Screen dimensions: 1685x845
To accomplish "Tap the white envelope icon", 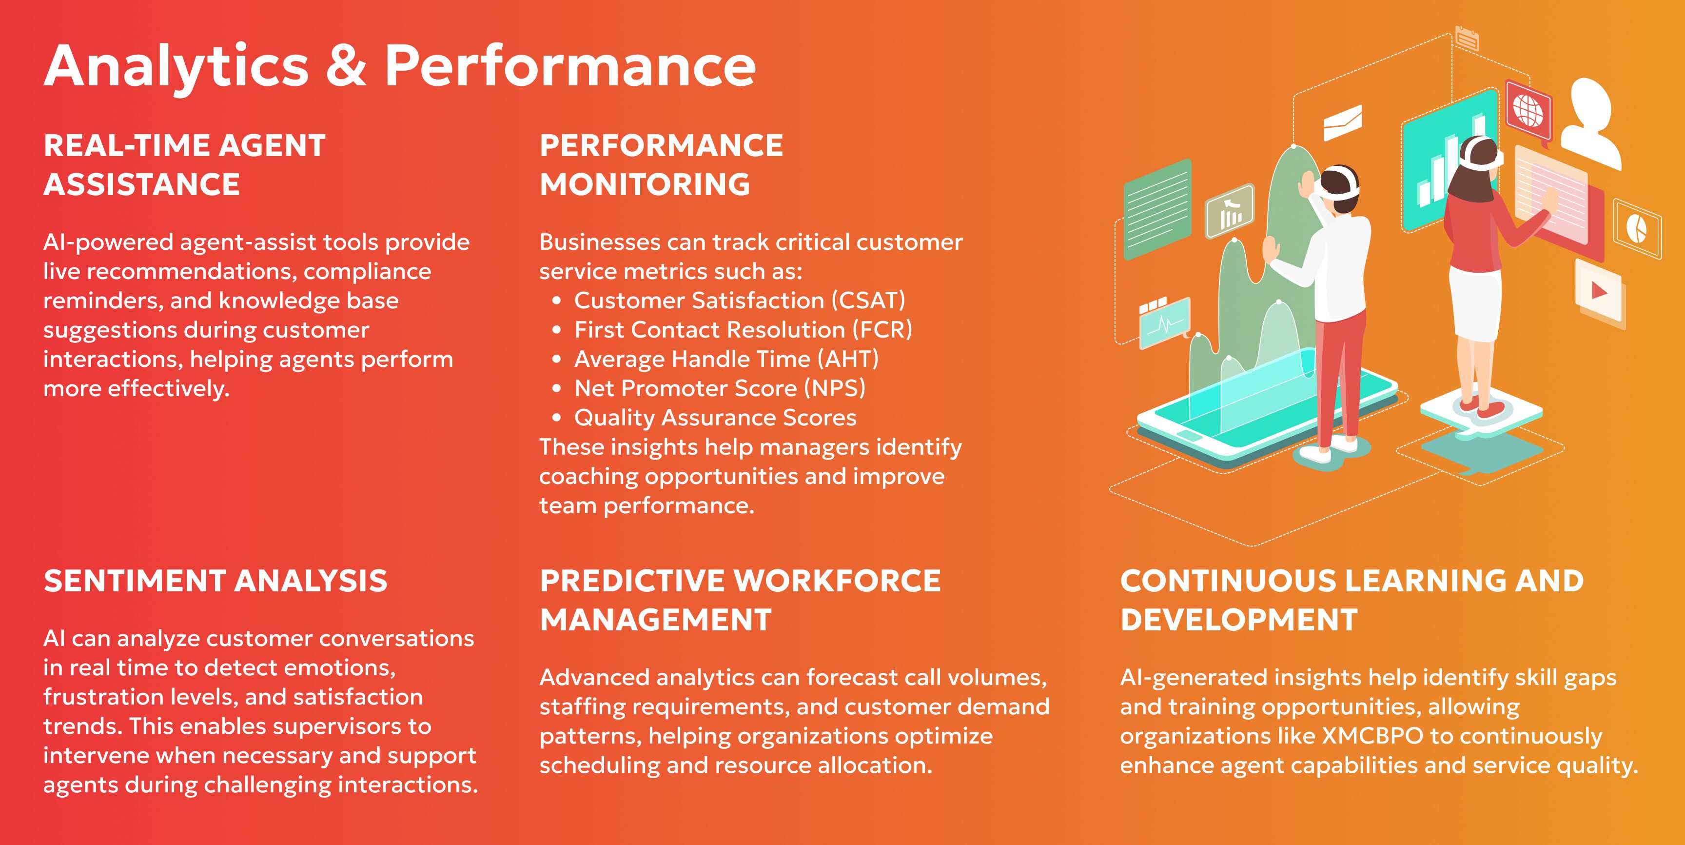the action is click(1343, 122).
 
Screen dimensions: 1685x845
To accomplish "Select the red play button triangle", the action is click(1599, 290).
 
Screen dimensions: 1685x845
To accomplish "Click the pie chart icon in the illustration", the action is click(1637, 228).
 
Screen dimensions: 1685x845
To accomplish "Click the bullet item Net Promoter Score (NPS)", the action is click(720, 388).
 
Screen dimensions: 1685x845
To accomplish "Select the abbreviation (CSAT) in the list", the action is click(868, 301).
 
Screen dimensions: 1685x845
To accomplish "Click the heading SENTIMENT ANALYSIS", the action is click(215, 581).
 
